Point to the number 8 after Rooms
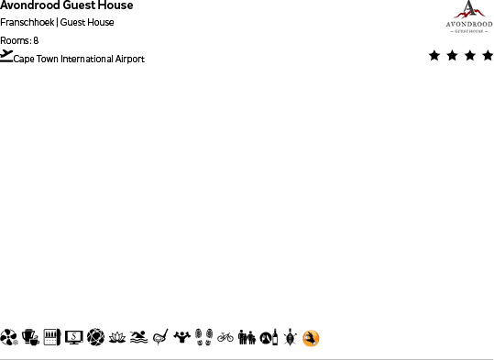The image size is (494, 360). coord(36,40)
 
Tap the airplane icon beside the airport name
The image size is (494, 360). coord(7,56)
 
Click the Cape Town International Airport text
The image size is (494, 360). coord(79,60)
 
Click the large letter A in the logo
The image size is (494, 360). coord(467,8)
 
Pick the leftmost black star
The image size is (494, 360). coord(434,56)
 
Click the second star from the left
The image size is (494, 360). coord(453,56)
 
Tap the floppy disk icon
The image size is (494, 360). coord(51,337)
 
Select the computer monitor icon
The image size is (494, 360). coord(73,337)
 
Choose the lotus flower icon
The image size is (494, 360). coord(116,337)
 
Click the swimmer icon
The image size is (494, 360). coord(138,337)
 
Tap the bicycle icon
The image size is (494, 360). coord(225,337)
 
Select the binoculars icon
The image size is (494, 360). coord(247,337)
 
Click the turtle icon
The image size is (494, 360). coord(290,337)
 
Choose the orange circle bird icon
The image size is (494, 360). coord(312,339)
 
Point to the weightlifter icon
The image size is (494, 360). coord(182,337)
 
